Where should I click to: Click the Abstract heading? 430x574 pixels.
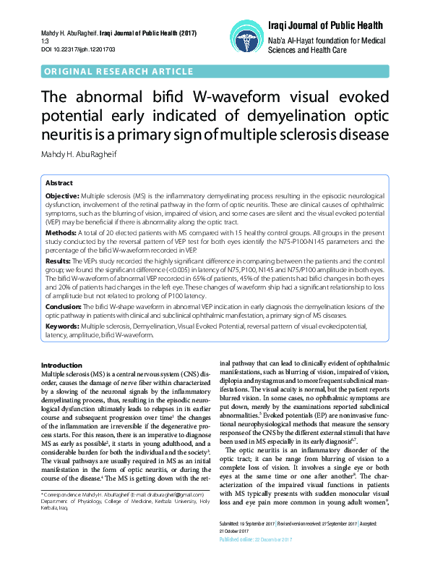coord(59,183)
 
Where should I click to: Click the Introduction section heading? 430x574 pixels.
coord(61,364)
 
